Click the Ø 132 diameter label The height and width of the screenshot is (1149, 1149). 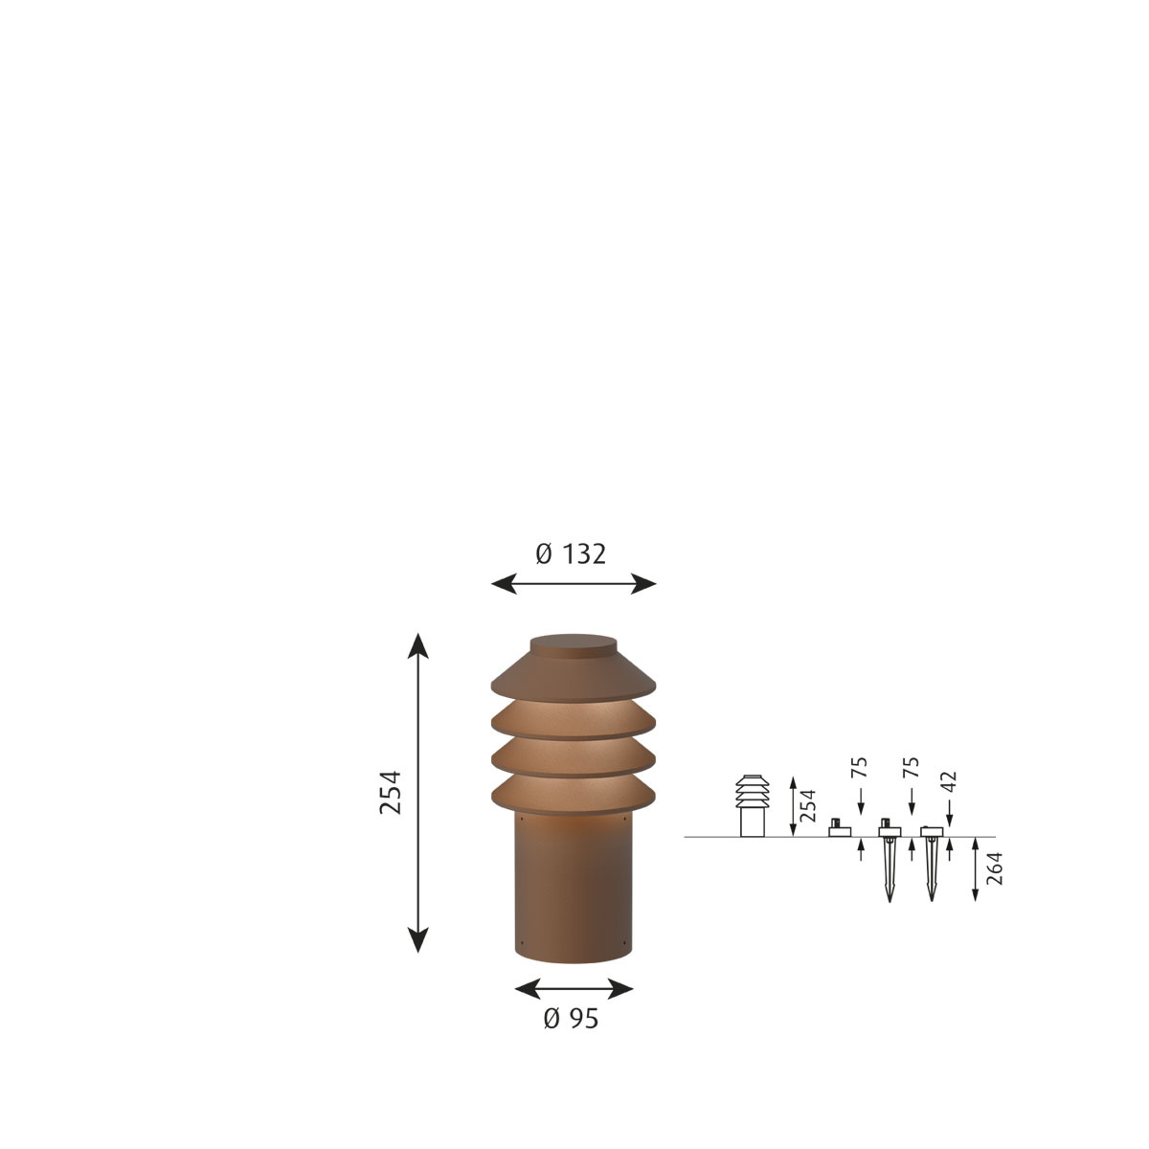pyautogui.click(x=571, y=553)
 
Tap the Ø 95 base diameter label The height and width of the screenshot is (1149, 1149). pyautogui.click(x=571, y=1020)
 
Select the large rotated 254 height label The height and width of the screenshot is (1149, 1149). pyautogui.click(x=392, y=792)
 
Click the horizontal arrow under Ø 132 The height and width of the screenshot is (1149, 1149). pyautogui.click(x=573, y=583)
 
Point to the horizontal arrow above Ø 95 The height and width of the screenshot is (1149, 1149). pyautogui.click(x=574, y=988)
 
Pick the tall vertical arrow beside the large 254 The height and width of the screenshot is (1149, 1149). pyautogui.click(x=417, y=792)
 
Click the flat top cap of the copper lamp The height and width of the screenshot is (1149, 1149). pyautogui.click(x=573, y=643)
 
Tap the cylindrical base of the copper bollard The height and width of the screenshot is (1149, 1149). pyautogui.click(x=573, y=890)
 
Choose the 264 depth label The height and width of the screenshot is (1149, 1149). pyautogui.click(x=995, y=868)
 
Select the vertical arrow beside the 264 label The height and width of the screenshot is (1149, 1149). pyautogui.click(x=975, y=868)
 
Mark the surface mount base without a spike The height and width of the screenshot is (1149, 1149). pyautogui.click(x=840, y=829)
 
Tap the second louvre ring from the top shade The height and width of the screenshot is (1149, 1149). pyautogui.click(x=573, y=756)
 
